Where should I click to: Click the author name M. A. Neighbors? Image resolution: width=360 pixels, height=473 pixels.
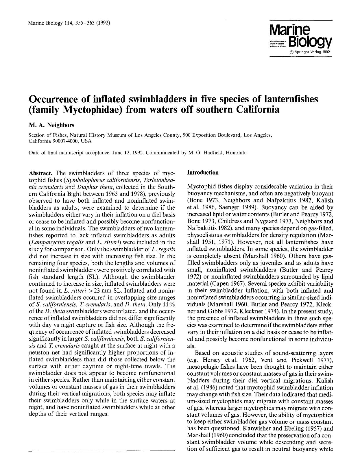(x=51, y=125)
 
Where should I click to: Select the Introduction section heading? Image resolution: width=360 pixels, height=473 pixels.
(x=203, y=173)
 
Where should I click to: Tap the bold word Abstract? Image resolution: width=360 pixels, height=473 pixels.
(x=40, y=173)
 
